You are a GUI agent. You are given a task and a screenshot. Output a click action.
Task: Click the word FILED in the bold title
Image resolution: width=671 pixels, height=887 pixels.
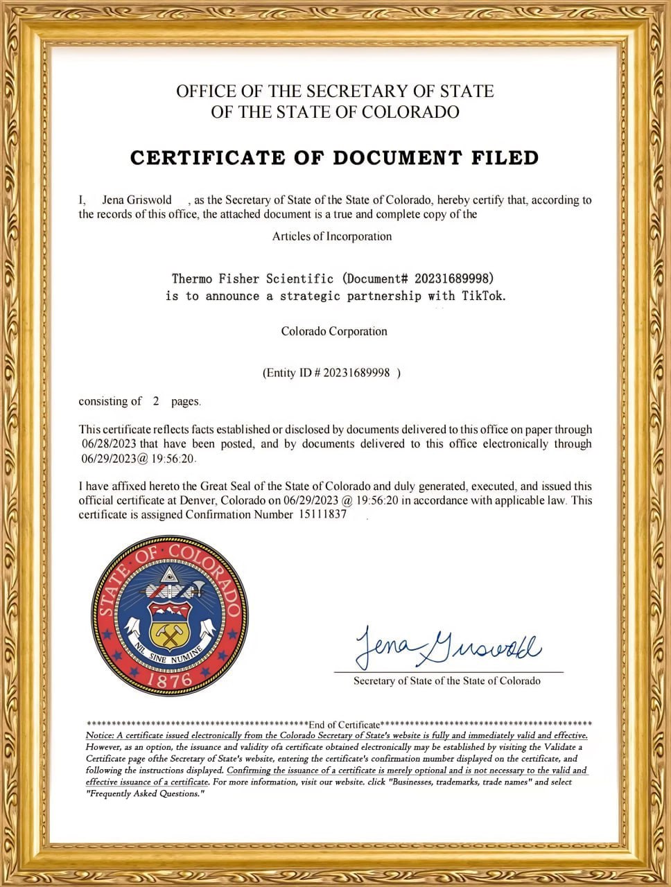point(498,158)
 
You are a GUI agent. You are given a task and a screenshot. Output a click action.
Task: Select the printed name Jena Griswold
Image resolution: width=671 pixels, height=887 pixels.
point(137,200)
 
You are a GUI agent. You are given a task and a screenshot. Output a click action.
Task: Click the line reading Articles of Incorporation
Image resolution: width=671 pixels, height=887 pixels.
point(332,236)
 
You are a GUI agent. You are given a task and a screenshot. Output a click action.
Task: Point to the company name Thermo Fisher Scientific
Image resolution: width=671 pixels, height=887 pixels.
point(252,279)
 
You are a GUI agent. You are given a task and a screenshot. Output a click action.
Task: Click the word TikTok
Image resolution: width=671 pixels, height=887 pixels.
point(483,296)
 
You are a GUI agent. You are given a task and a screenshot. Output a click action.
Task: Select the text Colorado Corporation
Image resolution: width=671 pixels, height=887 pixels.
point(334,331)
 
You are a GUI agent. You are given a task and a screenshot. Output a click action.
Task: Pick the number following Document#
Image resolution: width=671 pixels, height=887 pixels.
point(453,279)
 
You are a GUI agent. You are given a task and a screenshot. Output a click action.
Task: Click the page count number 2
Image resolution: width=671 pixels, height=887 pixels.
point(156,401)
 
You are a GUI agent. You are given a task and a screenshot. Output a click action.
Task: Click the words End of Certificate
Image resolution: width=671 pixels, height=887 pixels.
point(345,725)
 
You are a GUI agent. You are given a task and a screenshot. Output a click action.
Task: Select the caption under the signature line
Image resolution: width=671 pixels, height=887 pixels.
point(447,681)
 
